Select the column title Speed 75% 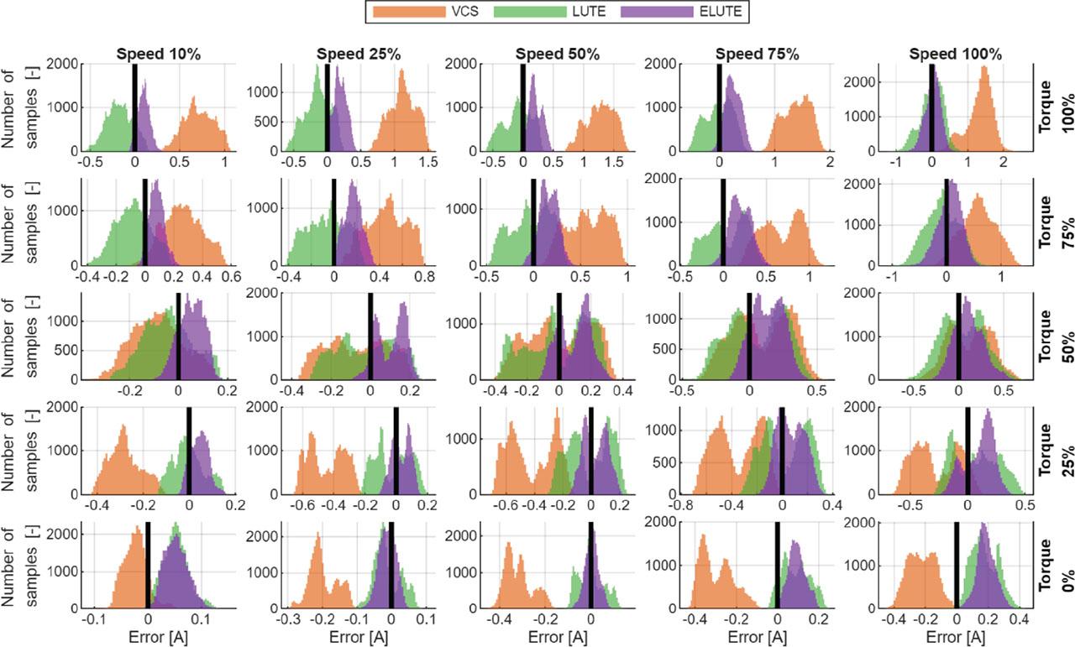point(757,55)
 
